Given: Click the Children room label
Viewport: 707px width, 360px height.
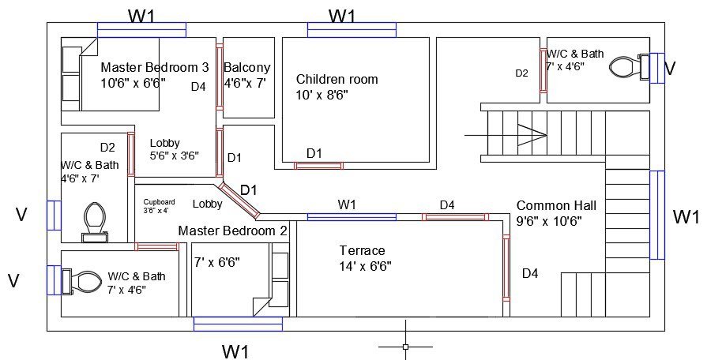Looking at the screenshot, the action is pyautogui.click(x=337, y=79).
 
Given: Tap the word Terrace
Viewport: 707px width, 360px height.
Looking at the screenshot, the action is pyautogui.click(x=362, y=250).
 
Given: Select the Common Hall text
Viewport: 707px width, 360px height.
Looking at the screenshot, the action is pyautogui.click(x=556, y=206).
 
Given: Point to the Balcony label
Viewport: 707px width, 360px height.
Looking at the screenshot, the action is pyautogui.click(x=247, y=68).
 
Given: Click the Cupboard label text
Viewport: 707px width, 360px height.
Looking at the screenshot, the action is pyautogui.click(x=159, y=202).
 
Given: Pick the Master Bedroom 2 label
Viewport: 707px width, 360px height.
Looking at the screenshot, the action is pyautogui.click(x=232, y=231).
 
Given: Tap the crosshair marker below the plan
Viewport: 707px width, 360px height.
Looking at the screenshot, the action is pyautogui.click(x=405, y=347).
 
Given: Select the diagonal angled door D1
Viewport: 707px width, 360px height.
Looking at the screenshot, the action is pyautogui.click(x=239, y=201).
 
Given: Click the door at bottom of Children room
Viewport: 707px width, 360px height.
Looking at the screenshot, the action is pyautogui.click(x=319, y=166).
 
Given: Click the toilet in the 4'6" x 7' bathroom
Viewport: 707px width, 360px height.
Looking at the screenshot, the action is pyautogui.click(x=95, y=222).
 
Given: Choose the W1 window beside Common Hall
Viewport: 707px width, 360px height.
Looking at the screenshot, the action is pyautogui.click(x=657, y=215).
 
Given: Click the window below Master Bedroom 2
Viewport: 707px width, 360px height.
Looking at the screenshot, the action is pyautogui.click(x=238, y=324).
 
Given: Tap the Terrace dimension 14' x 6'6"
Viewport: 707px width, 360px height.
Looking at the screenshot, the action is pyautogui.click(x=365, y=266).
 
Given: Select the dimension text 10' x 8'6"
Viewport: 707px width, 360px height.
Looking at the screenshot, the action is pyautogui.click(x=322, y=96).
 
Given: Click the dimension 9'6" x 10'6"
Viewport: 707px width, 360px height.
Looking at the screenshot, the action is pyautogui.click(x=549, y=222).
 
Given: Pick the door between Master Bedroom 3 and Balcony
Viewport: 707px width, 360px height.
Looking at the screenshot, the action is pyautogui.click(x=219, y=77).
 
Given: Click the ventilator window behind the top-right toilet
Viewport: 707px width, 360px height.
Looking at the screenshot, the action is pyautogui.click(x=657, y=68).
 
